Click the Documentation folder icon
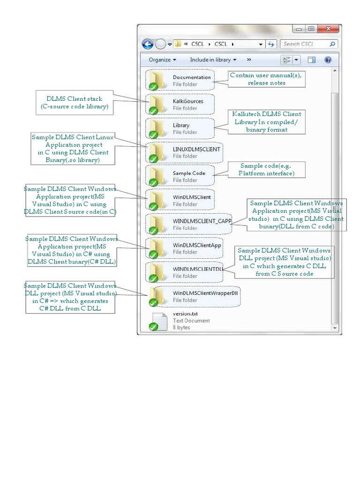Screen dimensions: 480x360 click(x=155, y=80)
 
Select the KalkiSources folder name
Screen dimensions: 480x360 click(x=188, y=101)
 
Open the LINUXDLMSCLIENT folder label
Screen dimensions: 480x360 click(x=196, y=149)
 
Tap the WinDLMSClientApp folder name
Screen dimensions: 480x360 click(x=197, y=245)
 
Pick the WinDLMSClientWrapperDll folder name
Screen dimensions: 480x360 click(x=202, y=293)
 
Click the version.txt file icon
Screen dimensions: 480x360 click(x=158, y=321)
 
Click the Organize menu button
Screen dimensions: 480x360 click(x=162, y=60)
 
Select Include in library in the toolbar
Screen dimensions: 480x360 click(x=213, y=60)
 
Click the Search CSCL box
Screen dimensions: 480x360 click(x=305, y=44)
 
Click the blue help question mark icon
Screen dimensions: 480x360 click(x=328, y=60)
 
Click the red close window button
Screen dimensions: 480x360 click(x=328, y=29)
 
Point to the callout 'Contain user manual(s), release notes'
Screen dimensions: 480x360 click(x=267, y=79)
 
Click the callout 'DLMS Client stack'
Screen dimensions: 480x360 click(x=74, y=103)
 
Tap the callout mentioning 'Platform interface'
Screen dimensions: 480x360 click(x=266, y=170)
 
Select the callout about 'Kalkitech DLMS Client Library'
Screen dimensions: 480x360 click(x=267, y=122)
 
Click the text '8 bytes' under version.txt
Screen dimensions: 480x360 click(x=181, y=328)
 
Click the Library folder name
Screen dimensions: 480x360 click(x=181, y=125)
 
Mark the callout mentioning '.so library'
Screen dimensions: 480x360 click(x=73, y=149)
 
